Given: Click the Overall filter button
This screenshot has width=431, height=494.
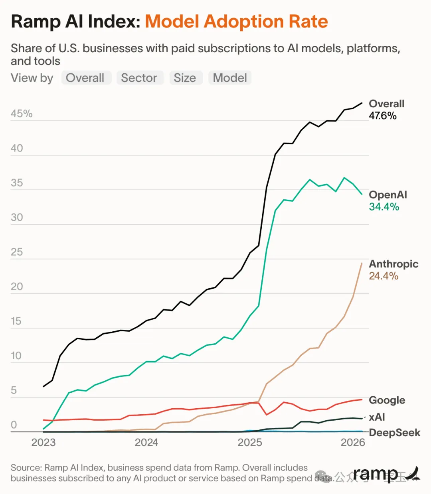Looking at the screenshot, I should (x=85, y=78).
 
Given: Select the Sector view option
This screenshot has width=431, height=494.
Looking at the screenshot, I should (x=139, y=78).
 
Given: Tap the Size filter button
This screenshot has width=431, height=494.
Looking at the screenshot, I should (x=185, y=78).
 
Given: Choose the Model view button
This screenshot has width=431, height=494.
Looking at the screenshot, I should (x=230, y=78).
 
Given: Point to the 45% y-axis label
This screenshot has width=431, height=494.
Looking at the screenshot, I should (x=22, y=114).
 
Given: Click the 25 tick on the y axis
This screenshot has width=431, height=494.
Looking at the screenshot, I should (x=17, y=252).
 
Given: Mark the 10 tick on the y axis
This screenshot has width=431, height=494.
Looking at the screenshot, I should (x=16, y=356).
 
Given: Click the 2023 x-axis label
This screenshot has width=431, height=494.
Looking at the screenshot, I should (x=43, y=443).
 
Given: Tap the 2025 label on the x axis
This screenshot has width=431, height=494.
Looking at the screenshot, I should (x=250, y=443).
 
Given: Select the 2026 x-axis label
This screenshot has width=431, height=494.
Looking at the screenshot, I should (x=353, y=443).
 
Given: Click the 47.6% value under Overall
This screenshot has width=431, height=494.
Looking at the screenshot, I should (x=383, y=116).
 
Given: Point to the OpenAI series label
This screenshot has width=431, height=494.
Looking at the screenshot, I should (x=388, y=195).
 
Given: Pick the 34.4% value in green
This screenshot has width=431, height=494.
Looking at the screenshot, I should (x=384, y=207).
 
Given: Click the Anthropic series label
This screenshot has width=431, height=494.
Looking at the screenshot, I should (x=393, y=264).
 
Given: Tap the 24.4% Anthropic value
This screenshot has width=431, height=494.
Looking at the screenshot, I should (x=384, y=276).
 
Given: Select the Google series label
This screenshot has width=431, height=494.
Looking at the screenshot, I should (x=387, y=400).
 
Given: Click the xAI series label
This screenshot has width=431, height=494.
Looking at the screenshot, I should (x=377, y=417).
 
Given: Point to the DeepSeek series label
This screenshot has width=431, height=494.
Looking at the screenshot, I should (x=395, y=433).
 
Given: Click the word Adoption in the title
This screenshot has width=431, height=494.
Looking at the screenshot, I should (x=238, y=22).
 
